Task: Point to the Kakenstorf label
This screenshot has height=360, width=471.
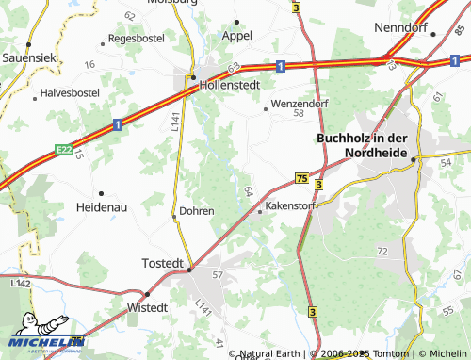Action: pyautogui.click(x=292, y=204)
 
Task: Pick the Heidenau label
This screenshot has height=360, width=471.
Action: pyautogui.click(x=103, y=205)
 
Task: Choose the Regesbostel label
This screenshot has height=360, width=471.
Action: pyautogui.click(x=138, y=39)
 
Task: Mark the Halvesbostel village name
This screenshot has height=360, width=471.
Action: pyautogui.click(x=70, y=94)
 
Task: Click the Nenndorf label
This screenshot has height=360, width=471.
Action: pyautogui.click(x=401, y=28)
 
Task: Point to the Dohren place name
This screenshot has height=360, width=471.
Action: pyautogui.click(x=197, y=211)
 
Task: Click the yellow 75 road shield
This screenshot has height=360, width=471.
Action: pyautogui.click(x=301, y=177)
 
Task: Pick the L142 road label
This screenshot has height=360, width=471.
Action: pyautogui.click(x=20, y=283)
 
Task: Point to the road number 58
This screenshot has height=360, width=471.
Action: pyautogui.click(x=299, y=113)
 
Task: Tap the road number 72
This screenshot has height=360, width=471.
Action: pyautogui.click(x=382, y=252)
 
